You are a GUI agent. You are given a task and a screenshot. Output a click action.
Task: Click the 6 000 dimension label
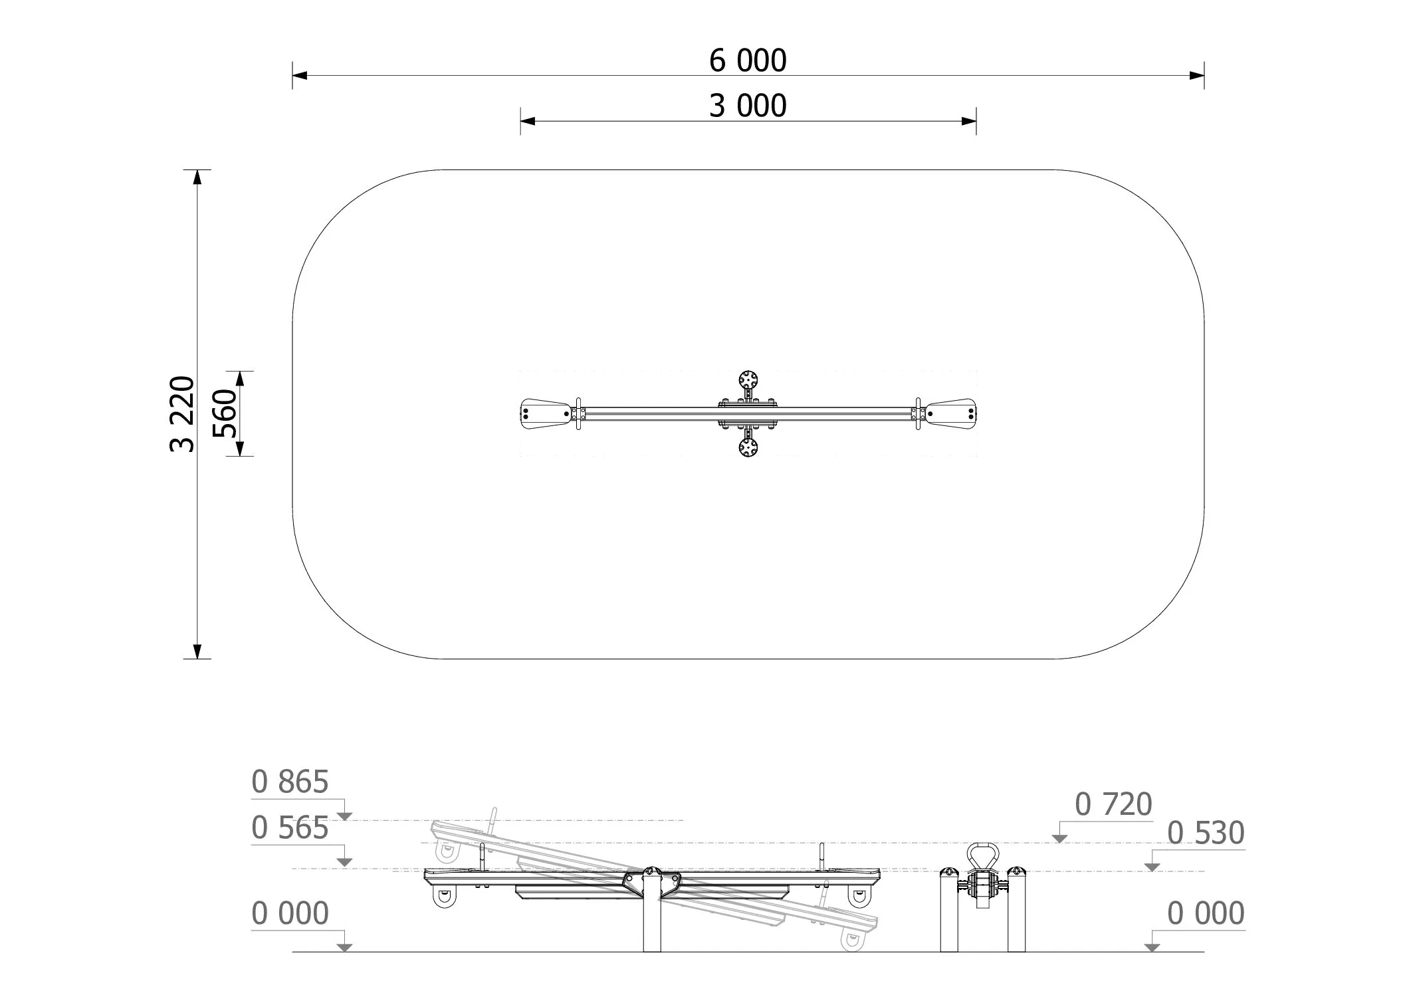tap(748, 60)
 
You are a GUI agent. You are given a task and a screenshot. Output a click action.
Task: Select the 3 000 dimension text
tap(748, 106)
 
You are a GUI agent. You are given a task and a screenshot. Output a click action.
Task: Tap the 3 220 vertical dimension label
tap(183, 414)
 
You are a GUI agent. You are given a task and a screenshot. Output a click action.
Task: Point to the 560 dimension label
tap(225, 413)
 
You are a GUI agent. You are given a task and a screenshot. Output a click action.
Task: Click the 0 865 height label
tap(290, 782)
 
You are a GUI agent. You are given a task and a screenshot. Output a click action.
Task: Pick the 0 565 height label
tap(290, 829)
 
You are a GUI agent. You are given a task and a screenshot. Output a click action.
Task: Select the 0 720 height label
tap(1113, 805)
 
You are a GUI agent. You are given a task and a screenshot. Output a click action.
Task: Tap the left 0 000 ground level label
tap(290, 914)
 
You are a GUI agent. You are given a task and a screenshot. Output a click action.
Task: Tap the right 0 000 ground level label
tap(1206, 914)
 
